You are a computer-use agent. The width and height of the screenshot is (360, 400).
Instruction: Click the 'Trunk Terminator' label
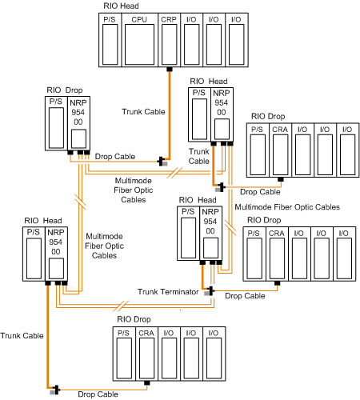click(x=168, y=292)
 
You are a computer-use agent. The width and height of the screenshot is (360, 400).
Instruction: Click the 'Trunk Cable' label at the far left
click(x=22, y=335)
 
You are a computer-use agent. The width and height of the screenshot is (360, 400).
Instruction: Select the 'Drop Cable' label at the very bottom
click(x=98, y=394)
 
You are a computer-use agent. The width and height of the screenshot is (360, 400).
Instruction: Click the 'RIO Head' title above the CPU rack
click(x=121, y=6)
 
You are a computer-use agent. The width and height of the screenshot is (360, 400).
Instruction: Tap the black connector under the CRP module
click(x=170, y=70)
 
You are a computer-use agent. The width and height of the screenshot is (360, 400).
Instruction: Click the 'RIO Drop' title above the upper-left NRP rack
click(x=65, y=90)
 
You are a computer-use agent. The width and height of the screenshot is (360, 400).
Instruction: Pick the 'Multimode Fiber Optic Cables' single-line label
click(x=287, y=207)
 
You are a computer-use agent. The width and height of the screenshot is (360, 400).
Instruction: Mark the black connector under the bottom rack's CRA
click(x=146, y=383)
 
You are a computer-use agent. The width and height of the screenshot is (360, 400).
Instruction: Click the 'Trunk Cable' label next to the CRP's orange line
click(x=143, y=111)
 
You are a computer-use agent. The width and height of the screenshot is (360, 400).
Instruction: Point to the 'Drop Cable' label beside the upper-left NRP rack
click(x=115, y=156)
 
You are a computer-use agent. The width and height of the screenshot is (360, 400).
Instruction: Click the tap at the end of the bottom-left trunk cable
click(x=55, y=390)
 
